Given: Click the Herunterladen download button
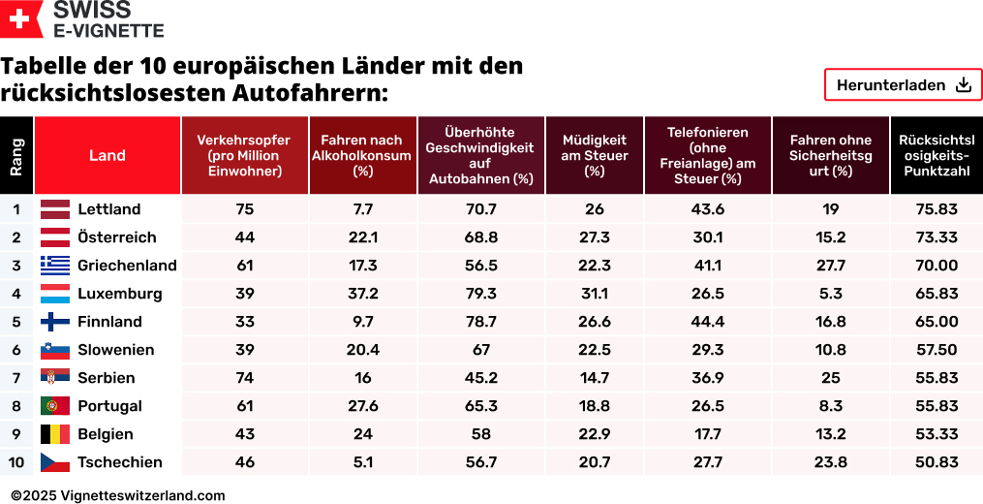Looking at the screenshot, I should point(903,85).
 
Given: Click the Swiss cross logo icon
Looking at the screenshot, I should point(21,19).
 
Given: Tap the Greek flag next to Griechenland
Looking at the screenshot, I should point(54,266).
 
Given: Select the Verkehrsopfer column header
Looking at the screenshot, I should point(244,155).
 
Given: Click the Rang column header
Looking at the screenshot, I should point(16,155).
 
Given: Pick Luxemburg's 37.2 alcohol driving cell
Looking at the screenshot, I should point(363,294).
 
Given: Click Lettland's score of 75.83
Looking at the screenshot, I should point(936,209).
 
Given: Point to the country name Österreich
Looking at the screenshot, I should point(116,237).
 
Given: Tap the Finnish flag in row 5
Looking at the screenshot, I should point(54,322).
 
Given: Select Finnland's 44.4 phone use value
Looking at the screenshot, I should point(708,322).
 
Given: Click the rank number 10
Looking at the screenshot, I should point(16,462).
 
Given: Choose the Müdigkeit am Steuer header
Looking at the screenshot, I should point(595,155).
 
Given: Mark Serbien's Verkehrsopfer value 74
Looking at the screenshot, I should point(244,378).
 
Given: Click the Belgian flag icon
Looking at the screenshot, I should point(54,434).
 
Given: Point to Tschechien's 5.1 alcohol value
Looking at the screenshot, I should point(363,462).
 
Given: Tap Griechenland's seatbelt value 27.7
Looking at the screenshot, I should point(831,266).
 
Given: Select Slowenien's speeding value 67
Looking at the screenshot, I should point(481,350).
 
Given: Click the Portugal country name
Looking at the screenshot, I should point(109,406).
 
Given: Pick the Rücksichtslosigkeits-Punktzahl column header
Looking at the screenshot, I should point(936,155).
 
